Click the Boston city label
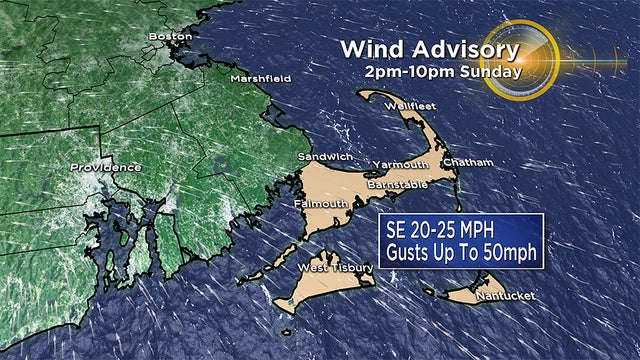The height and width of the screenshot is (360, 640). [x=169, y=37]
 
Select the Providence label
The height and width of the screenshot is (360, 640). [x=105, y=167]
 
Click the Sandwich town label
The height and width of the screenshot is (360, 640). [x=326, y=158]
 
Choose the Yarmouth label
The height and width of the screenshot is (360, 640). [x=400, y=164]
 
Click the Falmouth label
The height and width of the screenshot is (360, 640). [x=320, y=203]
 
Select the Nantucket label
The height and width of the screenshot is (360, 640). [x=505, y=295]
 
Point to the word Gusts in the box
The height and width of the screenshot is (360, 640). [x=413, y=251]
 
